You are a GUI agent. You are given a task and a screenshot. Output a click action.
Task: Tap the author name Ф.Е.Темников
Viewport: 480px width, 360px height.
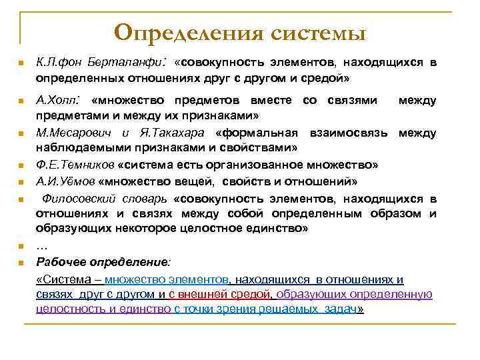[x=75, y=165]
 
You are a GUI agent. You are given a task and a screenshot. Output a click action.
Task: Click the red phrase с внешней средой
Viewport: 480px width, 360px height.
[x=219, y=294]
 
